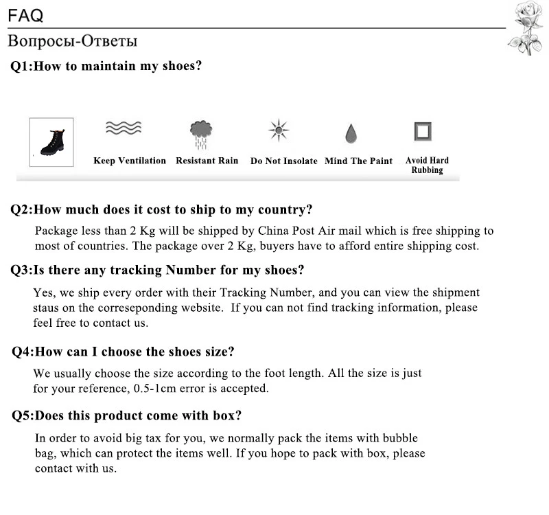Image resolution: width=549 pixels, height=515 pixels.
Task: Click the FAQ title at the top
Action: tap(25, 14)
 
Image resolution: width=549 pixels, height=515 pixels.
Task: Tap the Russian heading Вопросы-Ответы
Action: tap(72, 41)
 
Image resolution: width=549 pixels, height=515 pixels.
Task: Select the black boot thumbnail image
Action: tap(51, 142)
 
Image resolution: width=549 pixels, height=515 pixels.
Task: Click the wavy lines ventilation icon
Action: tap(123, 128)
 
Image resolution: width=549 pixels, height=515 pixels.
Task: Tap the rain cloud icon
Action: tap(201, 133)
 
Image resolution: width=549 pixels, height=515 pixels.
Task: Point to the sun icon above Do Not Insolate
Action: tap(279, 130)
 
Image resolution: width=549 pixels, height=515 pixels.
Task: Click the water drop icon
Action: tap(351, 133)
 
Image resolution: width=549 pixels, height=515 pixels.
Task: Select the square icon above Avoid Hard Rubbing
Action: tap(423, 130)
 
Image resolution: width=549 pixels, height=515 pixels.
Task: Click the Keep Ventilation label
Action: tap(130, 161)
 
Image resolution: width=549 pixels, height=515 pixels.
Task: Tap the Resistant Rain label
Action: tap(207, 161)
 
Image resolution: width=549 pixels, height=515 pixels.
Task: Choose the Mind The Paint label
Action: tap(359, 161)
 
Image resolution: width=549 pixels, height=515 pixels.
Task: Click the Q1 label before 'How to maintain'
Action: tap(21, 67)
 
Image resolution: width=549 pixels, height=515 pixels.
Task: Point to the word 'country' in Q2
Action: tap(282, 210)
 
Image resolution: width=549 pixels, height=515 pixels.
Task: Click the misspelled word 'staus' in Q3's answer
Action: tap(45, 307)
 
